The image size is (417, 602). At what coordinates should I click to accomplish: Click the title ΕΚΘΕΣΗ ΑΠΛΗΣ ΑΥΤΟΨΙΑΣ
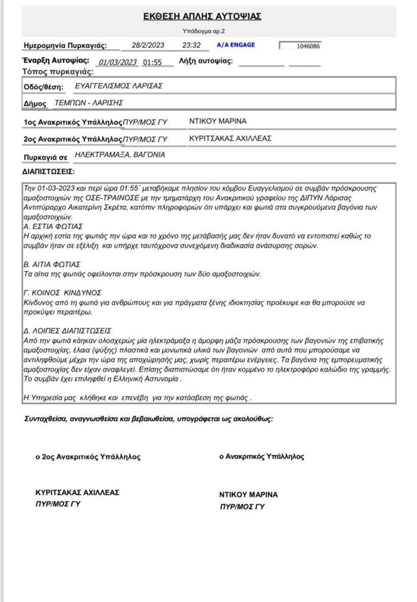tap(202, 16)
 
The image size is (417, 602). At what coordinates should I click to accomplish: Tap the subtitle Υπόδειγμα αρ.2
tap(203, 31)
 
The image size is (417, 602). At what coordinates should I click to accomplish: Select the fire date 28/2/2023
tap(148, 45)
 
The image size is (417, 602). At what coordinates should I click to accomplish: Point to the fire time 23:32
tap(191, 45)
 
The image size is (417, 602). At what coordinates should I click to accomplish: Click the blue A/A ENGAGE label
tap(236, 45)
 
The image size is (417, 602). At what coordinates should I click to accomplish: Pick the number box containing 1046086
tap(301, 46)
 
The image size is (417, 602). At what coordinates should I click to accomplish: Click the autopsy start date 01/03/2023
tap(118, 62)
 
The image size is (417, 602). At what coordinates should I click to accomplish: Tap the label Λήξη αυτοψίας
tap(206, 61)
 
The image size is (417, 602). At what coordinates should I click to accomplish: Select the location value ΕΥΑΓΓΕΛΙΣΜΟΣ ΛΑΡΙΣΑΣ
tap(118, 86)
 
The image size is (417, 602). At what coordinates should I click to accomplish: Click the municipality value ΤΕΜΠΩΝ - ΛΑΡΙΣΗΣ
tap(88, 103)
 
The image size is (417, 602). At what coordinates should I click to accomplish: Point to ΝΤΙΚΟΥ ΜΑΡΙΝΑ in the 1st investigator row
tap(218, 121)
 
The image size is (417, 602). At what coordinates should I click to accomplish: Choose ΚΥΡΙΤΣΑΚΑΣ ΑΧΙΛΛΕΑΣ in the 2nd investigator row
tap(230, 138)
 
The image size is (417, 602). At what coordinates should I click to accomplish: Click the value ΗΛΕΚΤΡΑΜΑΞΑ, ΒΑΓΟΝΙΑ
tap(120, 154)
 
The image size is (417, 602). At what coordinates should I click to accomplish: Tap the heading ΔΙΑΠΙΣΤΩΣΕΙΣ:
tap(48, 172)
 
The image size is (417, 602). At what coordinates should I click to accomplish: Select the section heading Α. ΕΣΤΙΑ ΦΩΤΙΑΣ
tap(53, 226)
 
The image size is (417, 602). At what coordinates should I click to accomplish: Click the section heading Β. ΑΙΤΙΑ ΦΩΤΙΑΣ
tap(52, 264)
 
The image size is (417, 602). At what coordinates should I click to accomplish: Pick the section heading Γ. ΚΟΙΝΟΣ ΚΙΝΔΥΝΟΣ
tap(62, 293)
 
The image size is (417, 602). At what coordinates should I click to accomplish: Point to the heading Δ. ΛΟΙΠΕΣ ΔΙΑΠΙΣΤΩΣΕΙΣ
tap(67, 331)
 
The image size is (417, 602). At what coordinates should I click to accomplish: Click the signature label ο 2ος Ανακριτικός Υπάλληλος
tap(88, 457)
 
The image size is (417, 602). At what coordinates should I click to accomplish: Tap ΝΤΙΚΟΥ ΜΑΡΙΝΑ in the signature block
tap(248, 495)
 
